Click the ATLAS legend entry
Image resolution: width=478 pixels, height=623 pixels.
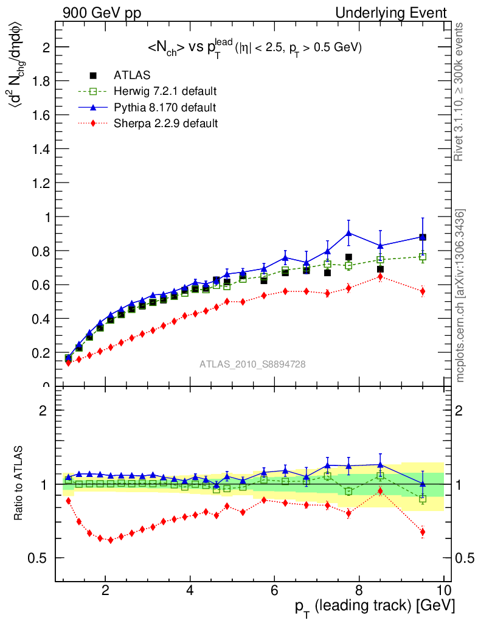(x=133, y=75)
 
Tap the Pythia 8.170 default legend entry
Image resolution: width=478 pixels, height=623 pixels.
(x=165, y=108)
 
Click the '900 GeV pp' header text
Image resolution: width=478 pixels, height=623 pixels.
(x=102, y=13)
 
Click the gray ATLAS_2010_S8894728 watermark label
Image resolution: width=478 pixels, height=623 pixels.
(x=252, y=364)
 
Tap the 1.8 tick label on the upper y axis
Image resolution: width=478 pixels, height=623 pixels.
(x=40, y=81)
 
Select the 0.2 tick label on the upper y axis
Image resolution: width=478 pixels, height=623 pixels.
(x=40, y=352)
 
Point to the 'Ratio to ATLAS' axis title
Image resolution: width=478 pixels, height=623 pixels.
(x=21, y=483)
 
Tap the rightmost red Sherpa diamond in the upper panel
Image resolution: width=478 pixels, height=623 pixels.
(x=423, y=291)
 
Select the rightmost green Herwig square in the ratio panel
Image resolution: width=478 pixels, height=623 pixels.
(x=423, y=499)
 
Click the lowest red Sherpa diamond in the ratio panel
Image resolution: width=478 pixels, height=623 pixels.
(x=110, y=540)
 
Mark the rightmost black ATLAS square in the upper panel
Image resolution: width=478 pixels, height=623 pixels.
(x=423, y=237)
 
